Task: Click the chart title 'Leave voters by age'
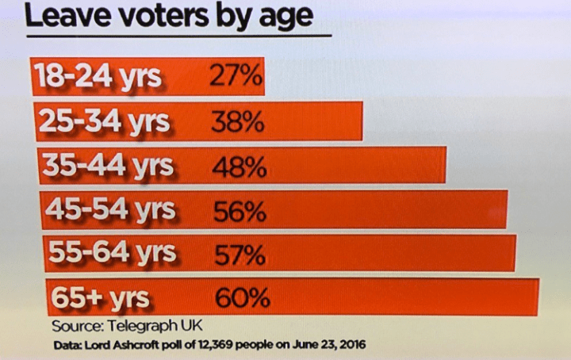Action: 168,15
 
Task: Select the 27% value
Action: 236,77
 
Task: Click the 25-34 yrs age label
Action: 104,123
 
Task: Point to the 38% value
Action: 237,123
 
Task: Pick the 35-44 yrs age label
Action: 108,167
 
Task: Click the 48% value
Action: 240,167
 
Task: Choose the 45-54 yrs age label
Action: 110,210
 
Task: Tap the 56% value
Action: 240,211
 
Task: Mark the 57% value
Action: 240,255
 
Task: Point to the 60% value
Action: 243,299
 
